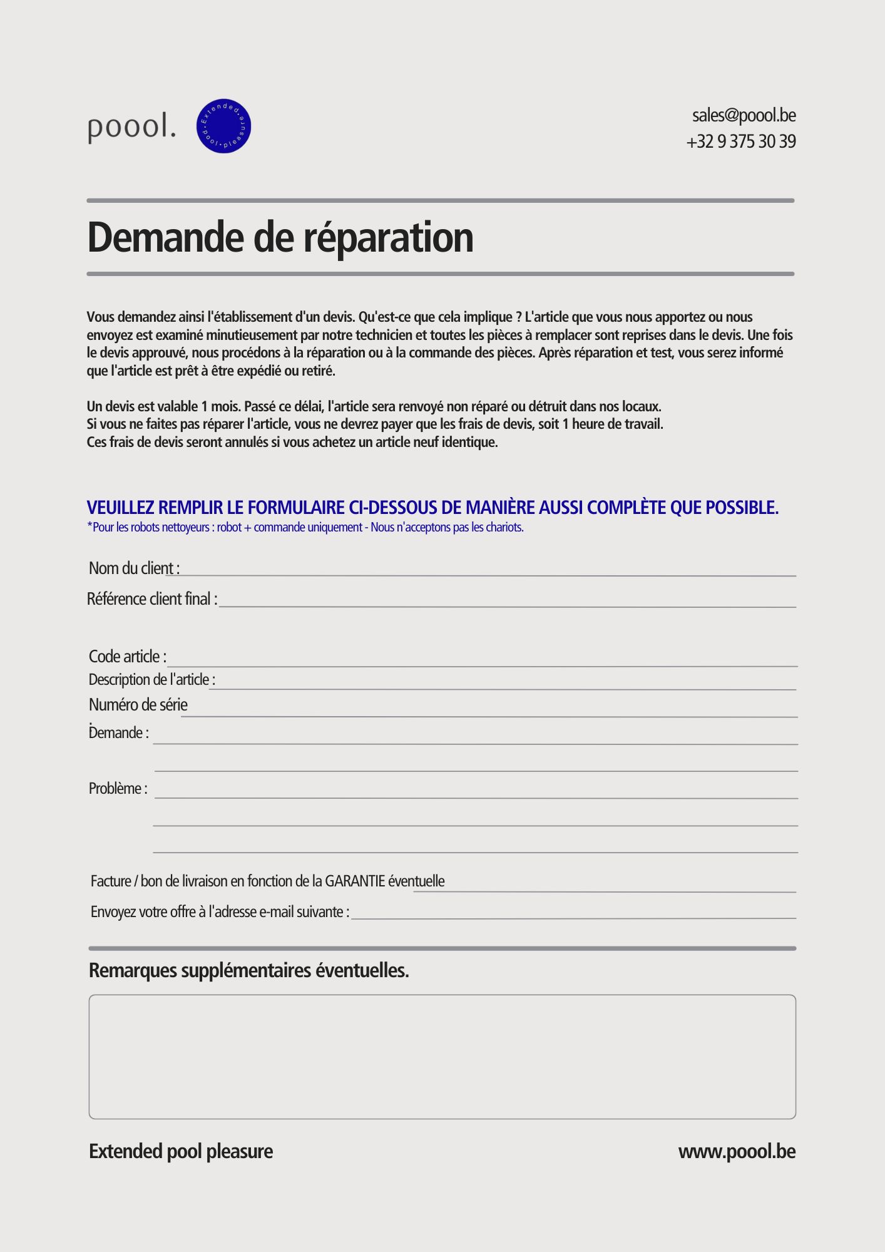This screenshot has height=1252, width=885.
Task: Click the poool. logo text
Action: pyautogui.click(x=131, y=127)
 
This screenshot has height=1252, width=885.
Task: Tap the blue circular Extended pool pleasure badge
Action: pyautogui.click(x=223, y=126)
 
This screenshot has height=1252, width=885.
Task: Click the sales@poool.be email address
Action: pyautogui.click(x=744, y=116)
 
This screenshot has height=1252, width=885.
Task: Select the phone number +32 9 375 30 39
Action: pyautogui.click(x=741, y=142)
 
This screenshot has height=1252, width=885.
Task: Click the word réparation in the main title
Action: pyautogui.click(x=388, y=238)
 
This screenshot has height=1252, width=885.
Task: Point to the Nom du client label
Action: pyautogui.click(x=134, y=568)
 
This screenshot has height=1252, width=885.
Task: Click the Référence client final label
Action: pyautogui.click(x=152, y=599)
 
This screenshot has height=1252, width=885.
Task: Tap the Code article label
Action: pyautogui.click(x=128, y=657)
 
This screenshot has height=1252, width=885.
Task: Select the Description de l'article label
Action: pyautogui.click(x=152, y=680)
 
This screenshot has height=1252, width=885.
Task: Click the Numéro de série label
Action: pyautogui.click(x=138, y=705)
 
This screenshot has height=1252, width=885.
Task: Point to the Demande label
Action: pyautogui.click(x=119, y=733)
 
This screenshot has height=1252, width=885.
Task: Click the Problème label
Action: pyautogui.click(x=118, y=789)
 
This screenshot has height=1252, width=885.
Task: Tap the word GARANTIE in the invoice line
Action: pyautogui.click(x=355, y=881)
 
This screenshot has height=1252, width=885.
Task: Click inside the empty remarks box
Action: pyautogui.click(x=442, y=1056)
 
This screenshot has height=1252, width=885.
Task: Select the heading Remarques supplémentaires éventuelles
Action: pyautogui.click(x=248, y=971)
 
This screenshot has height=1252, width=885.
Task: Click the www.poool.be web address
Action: pyautogui.click(x=737, y=1152)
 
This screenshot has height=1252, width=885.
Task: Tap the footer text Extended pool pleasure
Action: pyautogui.click(x=181, y=1152)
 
